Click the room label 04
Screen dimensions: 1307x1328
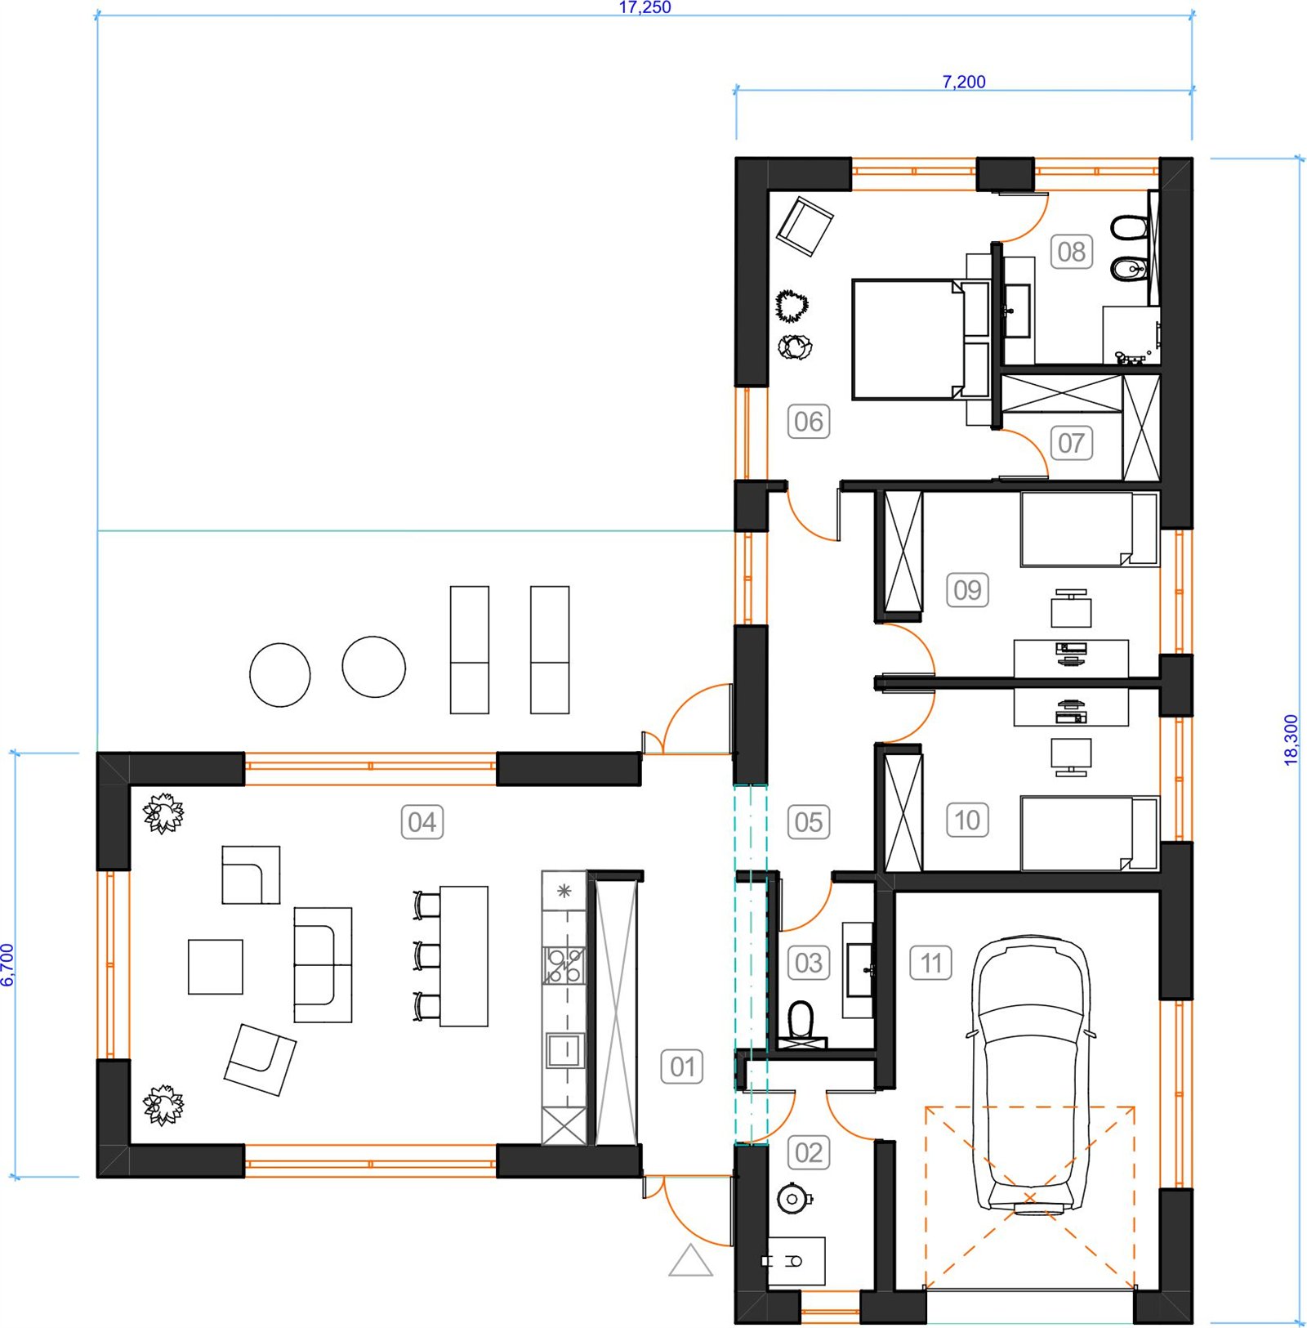(422, 821)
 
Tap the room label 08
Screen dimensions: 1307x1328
(1071, 251)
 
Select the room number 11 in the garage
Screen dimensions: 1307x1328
(931, 963)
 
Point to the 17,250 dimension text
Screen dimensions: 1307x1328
(645, 7)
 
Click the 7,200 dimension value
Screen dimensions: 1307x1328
(964, 82)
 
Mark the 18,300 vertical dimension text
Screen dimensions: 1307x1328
(1291, 740)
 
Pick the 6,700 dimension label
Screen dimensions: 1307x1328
(7, 964)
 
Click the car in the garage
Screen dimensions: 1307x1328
(1030, 1074)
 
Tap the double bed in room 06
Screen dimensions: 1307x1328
(921, 339)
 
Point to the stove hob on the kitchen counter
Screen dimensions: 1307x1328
(564, 964)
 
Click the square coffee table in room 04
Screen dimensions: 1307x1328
(216, 967)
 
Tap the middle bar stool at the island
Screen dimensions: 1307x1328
(426, 955)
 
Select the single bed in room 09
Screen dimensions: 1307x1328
(1090, 529)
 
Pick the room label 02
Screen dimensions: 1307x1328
(809, 1152)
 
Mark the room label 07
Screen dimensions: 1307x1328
(1071, 443)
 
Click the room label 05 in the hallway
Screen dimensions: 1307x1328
(809, 821)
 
